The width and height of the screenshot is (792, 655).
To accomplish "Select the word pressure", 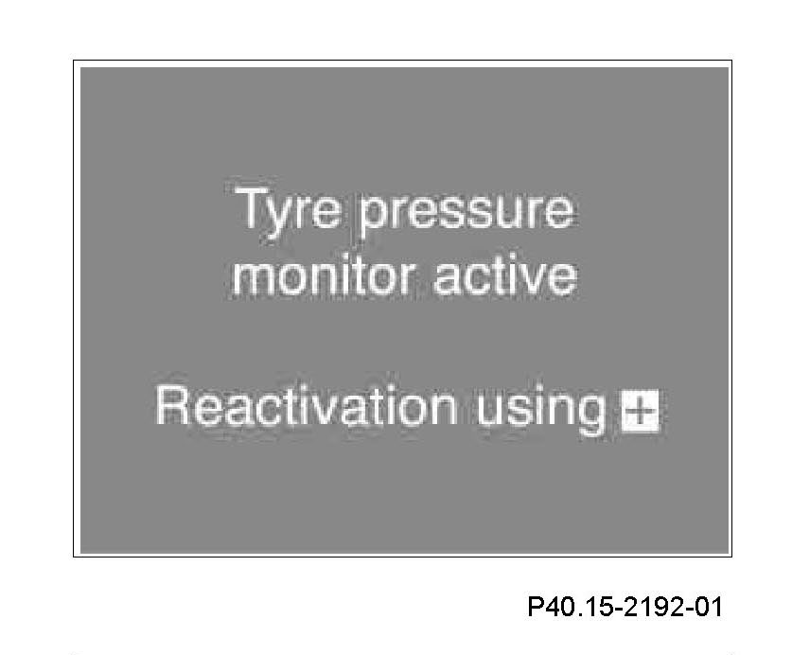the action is coord(466,215).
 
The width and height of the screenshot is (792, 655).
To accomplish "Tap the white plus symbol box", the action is coord(641,411).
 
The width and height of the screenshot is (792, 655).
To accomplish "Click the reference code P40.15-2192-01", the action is coord(625,606).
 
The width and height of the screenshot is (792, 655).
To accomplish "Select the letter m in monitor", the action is coord(257,280).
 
